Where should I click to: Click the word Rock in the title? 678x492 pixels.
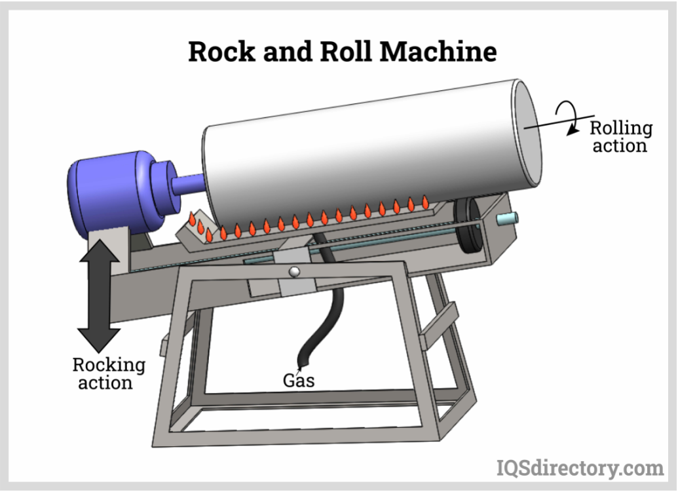point(219,50)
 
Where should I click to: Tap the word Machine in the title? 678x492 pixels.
point(439,50)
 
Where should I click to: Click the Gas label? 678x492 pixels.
point(299,379)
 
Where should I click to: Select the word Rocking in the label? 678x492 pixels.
point(108,365)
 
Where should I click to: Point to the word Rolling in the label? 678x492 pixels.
point(620,128)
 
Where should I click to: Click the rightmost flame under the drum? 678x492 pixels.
point(425,203)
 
